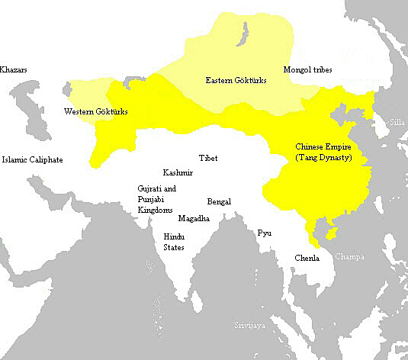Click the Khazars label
[x=14, y=69]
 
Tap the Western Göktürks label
[x=95, y=112]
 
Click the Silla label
[x=397, y=121]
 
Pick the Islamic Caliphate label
[x=32, y=159]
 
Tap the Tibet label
[x=207, y=158]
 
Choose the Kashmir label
[x=178, y=173]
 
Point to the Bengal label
[x=220, y=202]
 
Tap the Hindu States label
[x=174, y=241]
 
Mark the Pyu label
[x=264, y=231]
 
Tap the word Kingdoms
[x=155, y=209]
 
